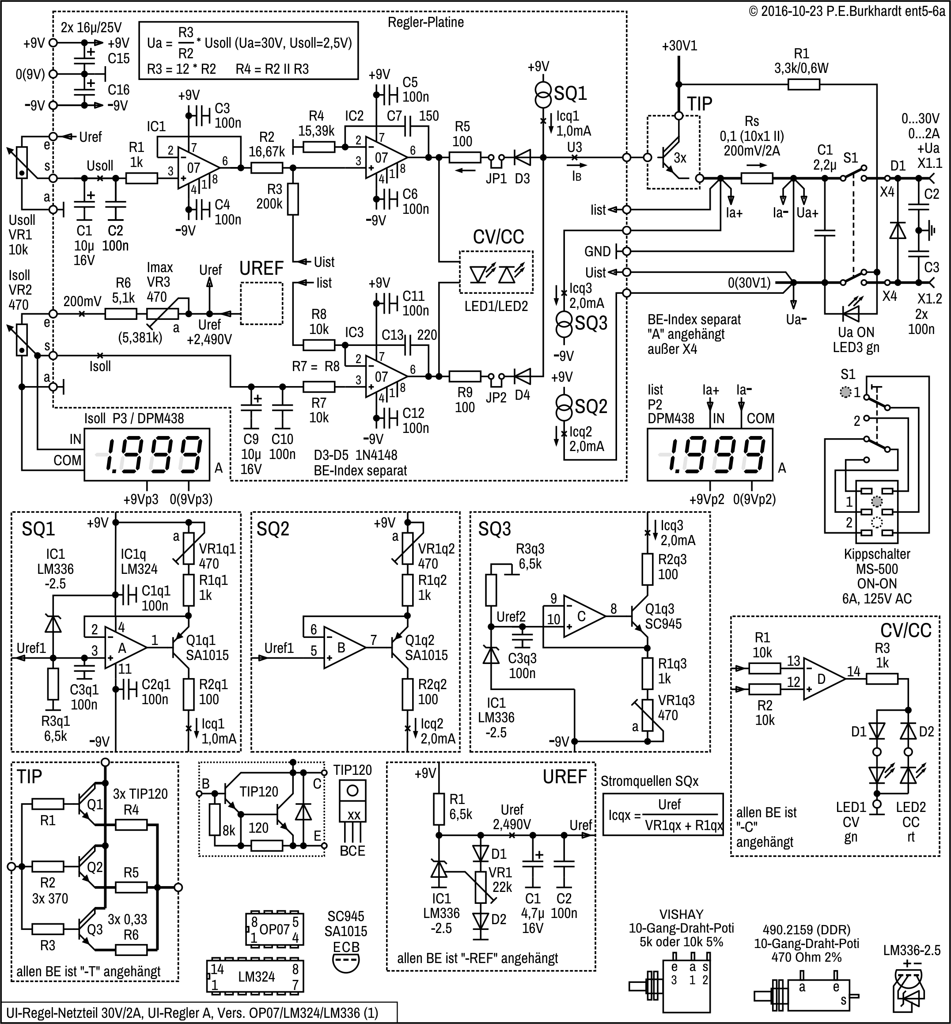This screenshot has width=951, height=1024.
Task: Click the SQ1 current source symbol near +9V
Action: (543, 93)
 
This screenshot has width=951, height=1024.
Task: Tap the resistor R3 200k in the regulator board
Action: (292, 199)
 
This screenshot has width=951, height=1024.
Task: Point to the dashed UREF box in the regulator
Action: (261, 303)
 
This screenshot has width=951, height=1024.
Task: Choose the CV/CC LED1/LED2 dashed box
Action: (496, 272)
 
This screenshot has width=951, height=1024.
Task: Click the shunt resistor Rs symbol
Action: (757, 178)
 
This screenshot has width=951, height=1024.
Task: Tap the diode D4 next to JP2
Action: (523, 377)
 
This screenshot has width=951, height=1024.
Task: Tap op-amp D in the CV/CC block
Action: (824, 679)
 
